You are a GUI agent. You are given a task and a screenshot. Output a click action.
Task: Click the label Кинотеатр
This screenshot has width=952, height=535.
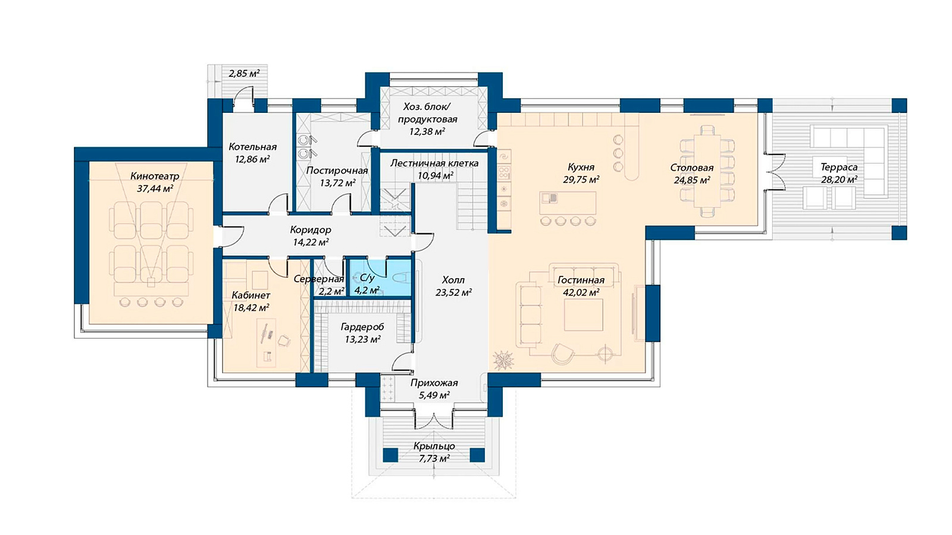tap(155, 176)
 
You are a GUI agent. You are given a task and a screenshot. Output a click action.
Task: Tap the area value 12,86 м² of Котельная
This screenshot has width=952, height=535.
tap(252, 159)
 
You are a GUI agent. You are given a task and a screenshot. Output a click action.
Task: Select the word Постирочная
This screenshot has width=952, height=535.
tap(337, 171)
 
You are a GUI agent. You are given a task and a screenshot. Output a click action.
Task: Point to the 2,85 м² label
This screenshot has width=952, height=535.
tap(245, 74)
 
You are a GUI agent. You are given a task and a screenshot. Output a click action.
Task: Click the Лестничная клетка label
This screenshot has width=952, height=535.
tap(434, 163)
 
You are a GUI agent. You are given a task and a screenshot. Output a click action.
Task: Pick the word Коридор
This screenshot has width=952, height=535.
tap(311, 230)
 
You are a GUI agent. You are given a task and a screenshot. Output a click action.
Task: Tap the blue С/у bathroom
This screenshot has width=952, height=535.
tap(380, 277)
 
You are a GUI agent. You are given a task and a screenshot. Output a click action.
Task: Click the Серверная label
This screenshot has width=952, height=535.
tap(319, 279)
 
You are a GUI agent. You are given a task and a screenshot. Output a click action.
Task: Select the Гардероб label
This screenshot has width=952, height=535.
tap(362, 327)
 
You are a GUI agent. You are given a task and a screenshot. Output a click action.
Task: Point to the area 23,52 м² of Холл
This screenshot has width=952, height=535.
tap(453, 292)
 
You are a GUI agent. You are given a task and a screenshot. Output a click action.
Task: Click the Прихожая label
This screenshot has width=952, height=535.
tap(434, 383)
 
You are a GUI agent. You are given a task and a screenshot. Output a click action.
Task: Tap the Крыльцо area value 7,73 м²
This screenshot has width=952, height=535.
tap(434, 458)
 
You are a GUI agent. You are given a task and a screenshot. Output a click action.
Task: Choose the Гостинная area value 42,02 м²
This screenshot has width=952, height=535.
tap(581, 292)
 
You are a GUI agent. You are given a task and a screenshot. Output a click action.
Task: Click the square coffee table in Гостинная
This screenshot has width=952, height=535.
tap(584, 314)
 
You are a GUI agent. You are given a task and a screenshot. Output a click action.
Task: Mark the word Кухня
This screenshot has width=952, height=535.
tap(581, 167)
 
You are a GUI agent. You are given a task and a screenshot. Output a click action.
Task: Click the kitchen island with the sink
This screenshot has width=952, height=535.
tap(568, 203)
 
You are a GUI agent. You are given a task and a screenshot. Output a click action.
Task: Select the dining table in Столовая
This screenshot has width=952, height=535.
tap(707, 170)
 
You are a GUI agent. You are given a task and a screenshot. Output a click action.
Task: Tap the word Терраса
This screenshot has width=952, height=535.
tap(839, 167)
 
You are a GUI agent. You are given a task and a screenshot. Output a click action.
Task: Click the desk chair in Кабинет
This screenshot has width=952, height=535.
tap(283, 340)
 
